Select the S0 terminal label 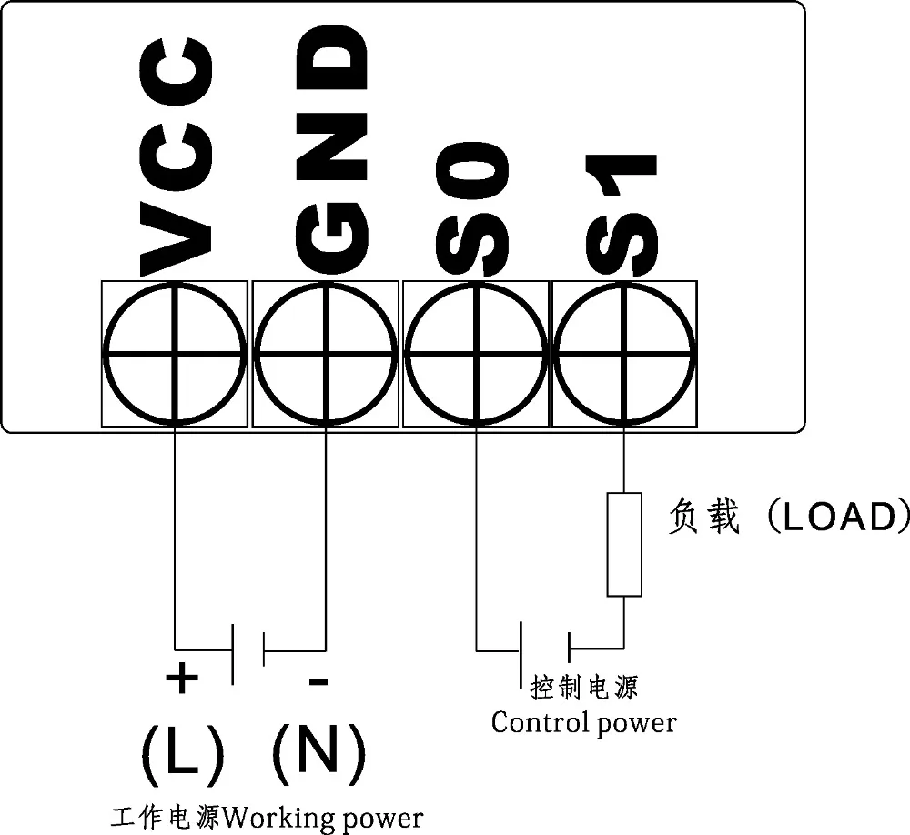472,207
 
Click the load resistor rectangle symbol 623,545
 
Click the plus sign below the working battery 182,677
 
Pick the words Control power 583,723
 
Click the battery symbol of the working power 248,651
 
